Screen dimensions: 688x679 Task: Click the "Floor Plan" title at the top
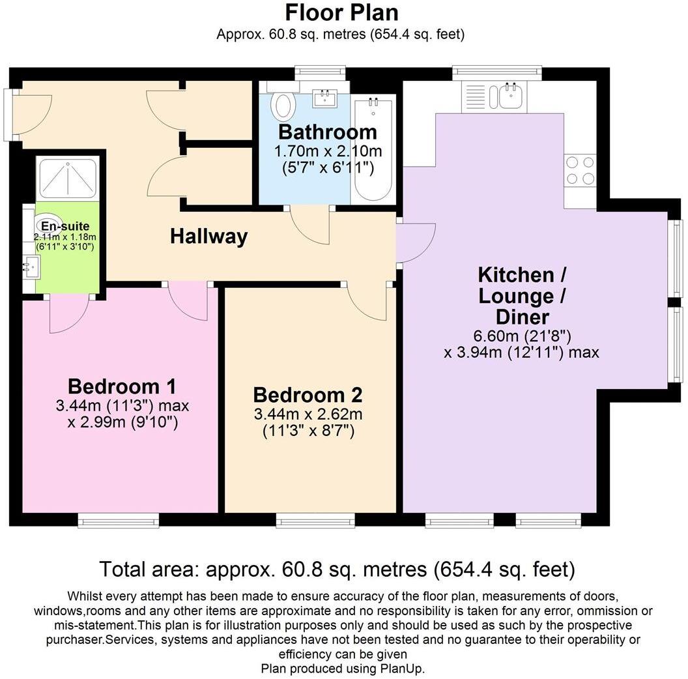coord(342,12)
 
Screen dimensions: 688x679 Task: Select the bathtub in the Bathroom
coord(373,149)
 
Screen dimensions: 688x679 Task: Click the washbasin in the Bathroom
coord(325,98)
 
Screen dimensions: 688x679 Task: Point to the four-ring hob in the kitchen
coord(580,170)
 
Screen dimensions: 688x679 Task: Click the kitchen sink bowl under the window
coord(510,96)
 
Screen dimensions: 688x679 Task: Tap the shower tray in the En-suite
coord(68,179)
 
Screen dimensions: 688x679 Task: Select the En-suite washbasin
coord(31,267)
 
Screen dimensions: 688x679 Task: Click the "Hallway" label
coord(209,236)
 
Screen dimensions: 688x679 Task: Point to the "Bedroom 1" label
coord(122,386)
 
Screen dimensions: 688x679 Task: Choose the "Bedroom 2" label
coord(308,395)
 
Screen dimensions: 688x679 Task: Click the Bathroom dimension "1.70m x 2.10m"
coord(328,151)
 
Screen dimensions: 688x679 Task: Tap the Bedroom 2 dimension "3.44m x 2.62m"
coord(308,413)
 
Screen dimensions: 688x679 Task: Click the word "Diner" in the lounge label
coord(522,317)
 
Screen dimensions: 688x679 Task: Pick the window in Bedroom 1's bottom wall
coord(119,520)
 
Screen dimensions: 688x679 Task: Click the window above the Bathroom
coord(320,73)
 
